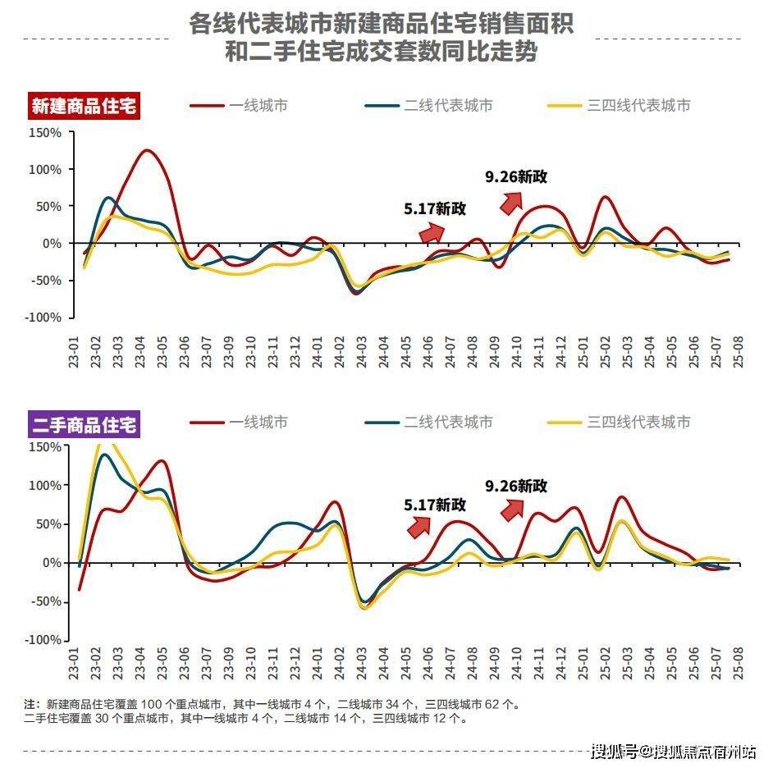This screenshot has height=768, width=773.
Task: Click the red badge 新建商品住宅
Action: click(85, 106)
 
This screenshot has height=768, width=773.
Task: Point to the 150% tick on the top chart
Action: click(46, 132)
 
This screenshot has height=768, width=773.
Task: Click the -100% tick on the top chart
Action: click(44, 318)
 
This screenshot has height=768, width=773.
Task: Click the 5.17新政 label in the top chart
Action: click(435, 208)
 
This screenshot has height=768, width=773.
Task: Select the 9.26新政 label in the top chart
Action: click(516, 176)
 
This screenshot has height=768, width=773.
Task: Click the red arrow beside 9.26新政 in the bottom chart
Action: click(511, 510)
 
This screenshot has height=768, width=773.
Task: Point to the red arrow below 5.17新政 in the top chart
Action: click(431, 233)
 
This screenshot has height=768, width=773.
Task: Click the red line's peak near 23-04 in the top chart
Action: click(146, 150)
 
